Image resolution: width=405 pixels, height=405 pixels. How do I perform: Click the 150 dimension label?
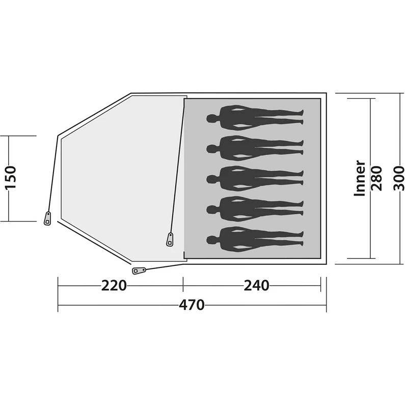[11, 178]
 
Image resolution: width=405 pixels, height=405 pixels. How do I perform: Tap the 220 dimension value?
[114, 285]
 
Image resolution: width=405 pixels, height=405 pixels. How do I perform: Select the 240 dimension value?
[256, 285]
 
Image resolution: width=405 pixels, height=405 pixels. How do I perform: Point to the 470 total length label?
[192, 305]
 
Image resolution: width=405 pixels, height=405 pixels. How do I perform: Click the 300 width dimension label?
[399, 178]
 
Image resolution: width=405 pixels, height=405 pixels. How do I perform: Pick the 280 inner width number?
[377, 178]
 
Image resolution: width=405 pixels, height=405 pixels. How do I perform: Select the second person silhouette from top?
[255, 148]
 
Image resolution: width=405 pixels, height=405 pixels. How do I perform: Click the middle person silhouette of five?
[255, 178]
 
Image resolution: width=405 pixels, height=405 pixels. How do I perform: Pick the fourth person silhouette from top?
[255, 208]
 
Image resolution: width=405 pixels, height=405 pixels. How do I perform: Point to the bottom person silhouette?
[255, 238]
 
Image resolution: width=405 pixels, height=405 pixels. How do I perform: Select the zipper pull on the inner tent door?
[170, 238]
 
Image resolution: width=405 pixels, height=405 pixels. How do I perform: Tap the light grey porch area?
[120, 173]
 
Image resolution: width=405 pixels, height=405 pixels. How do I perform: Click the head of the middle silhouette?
[211, 178]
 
